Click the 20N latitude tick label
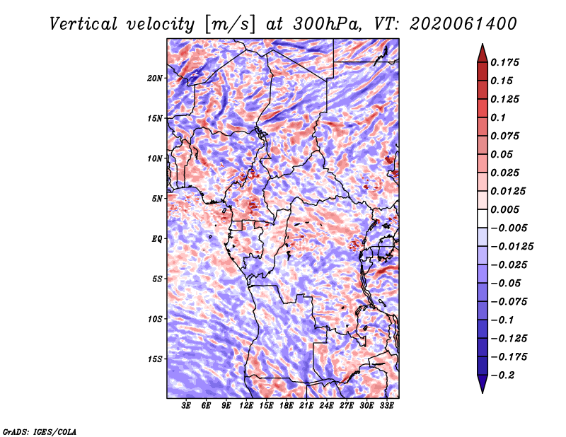(x=155, y=78)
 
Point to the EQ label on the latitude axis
(x=156, y=238)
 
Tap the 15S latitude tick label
(x=155, y=359)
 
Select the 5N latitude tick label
(x=157, y=199)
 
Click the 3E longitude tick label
(x=186, y=405)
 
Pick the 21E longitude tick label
(x=306, y=405)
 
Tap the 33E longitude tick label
(x=386, y=405)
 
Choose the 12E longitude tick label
(x=246, y=405)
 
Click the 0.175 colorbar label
(x=504, y=62)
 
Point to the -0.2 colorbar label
(x=502, y=375)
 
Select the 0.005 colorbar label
(x=504, y=209)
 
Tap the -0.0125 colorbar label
(x=512, y=246)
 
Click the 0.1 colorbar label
(x=498, y=117)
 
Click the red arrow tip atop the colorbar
(x=483, y=44)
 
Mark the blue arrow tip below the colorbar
(x=483, y=392)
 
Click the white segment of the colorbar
(x=483, y=218)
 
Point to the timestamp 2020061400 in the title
(x=463, y=24)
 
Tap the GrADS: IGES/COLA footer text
(x=40, y=431)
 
